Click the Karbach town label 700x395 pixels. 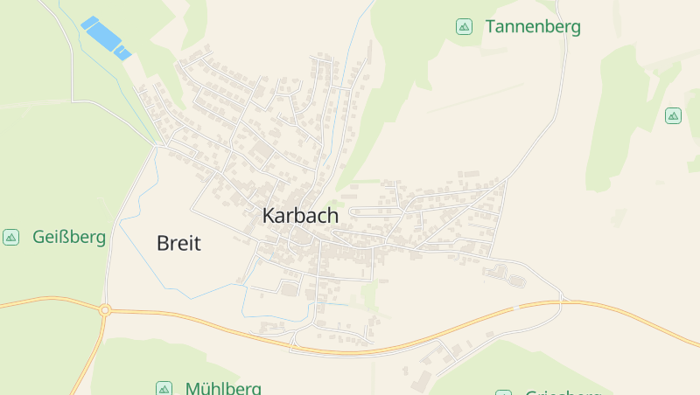coord(300,215)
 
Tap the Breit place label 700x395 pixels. coord(178,244)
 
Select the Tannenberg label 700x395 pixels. coord(533,26)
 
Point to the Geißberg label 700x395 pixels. coord(69,237)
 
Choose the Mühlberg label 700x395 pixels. coord(223,388)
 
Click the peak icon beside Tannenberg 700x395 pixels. coord(465,26)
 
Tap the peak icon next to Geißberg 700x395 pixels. coord(11,237)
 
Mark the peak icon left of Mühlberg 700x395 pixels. coord(164,388)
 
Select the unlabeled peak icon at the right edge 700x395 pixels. coord(673,115)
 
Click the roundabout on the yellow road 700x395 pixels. coord(105,308)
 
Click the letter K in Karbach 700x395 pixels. coord(269,215)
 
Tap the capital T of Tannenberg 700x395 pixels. coord(491,26)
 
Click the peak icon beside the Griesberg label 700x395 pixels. coord(503,393)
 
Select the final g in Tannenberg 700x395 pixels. coord(575,28)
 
